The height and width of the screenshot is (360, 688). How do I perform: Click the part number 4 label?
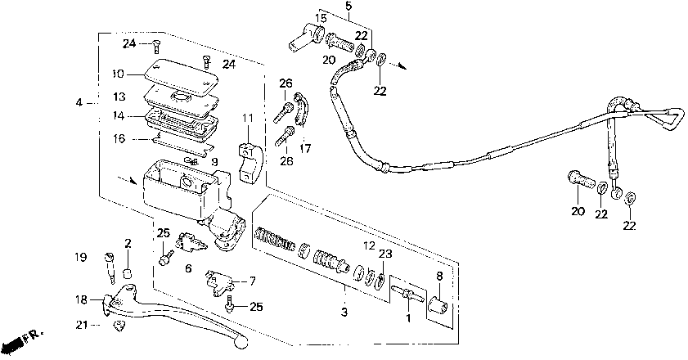click(x=79, y=102)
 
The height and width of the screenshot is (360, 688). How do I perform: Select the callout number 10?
click(x=119, y=74)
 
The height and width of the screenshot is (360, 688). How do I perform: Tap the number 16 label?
click(x=119, y=139)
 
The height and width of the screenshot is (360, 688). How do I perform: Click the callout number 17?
click(x=305, y=149)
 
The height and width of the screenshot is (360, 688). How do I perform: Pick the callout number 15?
click(x=322, y=18)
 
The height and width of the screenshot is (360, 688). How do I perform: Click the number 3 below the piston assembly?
click(x=344, y=313)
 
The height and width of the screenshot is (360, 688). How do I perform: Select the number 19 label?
click(x=81, y=258)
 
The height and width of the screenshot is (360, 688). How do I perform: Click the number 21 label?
click(x=81, y=326)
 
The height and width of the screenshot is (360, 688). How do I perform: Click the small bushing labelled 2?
click(x=128, y=273)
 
